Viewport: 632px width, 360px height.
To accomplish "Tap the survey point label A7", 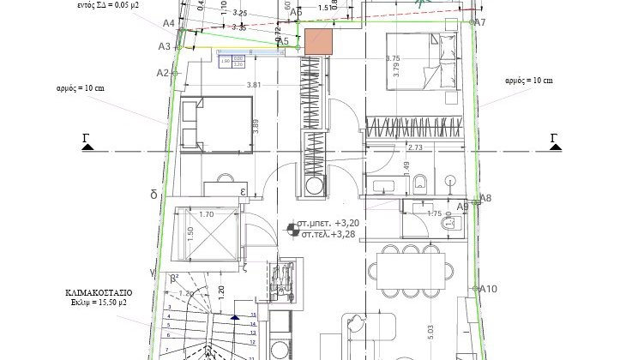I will tap(480, 22).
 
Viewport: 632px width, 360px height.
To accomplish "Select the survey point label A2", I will tap(163, 73).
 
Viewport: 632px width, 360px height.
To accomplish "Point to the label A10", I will tap(489, 289).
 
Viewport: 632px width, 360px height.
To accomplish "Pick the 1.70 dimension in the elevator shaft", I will tap(206, 216).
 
